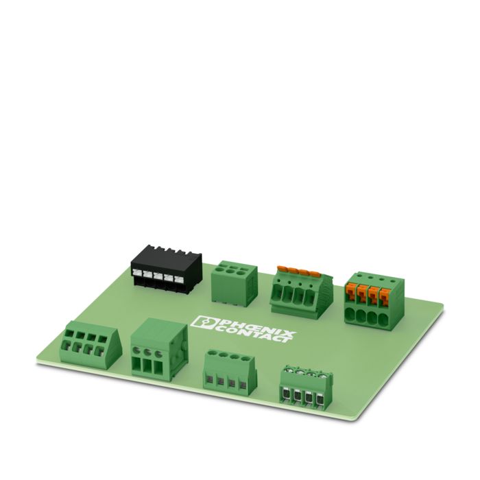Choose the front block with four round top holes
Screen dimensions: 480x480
tap(229, 372)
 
